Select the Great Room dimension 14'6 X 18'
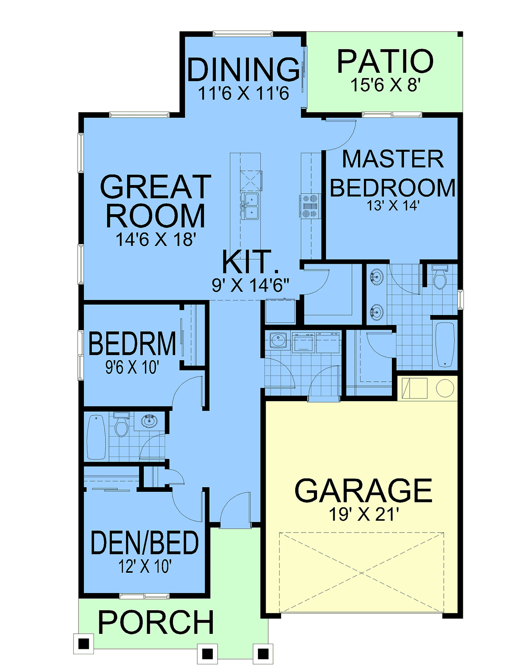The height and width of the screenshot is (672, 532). click(x=156, y=240)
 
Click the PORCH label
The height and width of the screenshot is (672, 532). click(x=156, y=622)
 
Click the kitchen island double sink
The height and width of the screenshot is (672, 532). click(x=250, y=206)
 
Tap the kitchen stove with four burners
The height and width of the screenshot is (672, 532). click(x=309, y=206)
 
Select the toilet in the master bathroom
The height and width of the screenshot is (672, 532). click(x=440, y=277)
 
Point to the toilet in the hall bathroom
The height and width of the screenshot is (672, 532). click(x=121, y=425)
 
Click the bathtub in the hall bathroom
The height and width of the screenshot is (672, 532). click(x=96, y=437)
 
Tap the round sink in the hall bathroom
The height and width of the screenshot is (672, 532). click(x=149, y=421)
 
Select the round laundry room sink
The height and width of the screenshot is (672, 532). click(x=279, y=340)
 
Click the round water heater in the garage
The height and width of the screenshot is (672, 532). click(x=445, y=388)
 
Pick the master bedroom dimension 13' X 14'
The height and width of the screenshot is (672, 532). click(x=392, y=206)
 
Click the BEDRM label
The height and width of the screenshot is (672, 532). click(x=132, y=344)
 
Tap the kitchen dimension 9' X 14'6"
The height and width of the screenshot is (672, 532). click(x=250, y=285)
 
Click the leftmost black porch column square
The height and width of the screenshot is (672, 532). click(x=84, y=644)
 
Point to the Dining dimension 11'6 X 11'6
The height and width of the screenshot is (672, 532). click(x=243, y=93)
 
